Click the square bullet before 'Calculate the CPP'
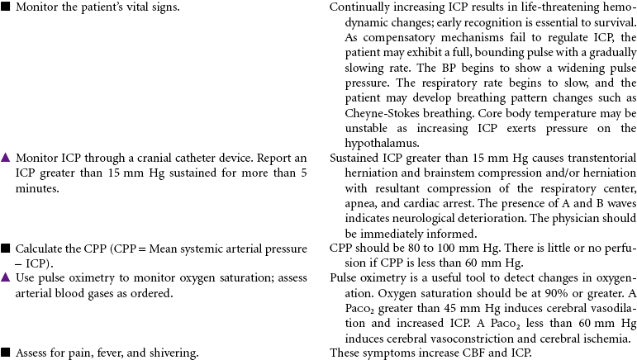coord(6,248)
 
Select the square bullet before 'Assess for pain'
coord(6,352)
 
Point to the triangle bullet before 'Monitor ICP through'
coord(6,157)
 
